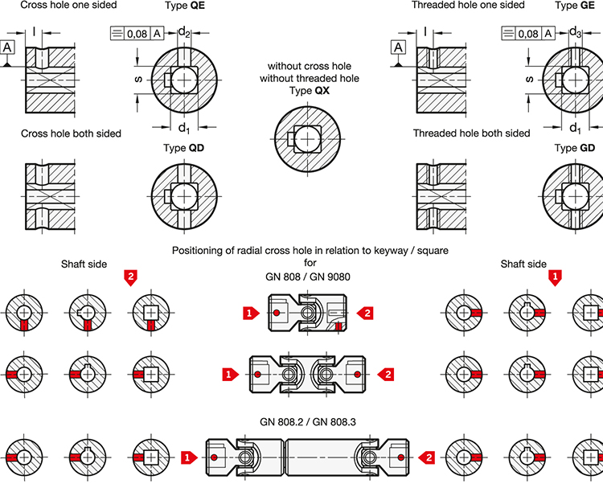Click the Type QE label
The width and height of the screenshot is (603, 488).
tap(183, 6)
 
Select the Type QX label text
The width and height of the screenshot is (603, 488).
tap(310, 92)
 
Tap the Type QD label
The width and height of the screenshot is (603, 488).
tap(184, 149)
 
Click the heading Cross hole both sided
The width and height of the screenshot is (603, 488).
tap(71, 133)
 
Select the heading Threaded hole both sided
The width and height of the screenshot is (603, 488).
tap(471, 133)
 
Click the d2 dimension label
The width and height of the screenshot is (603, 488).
tap(184, 32)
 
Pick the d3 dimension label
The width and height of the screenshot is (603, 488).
tap(575, 32)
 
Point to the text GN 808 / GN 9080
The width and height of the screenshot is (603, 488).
tap(310, 277)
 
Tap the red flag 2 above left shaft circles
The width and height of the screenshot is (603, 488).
tap(130, 277)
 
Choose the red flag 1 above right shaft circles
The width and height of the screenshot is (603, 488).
tap(555, 277)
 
